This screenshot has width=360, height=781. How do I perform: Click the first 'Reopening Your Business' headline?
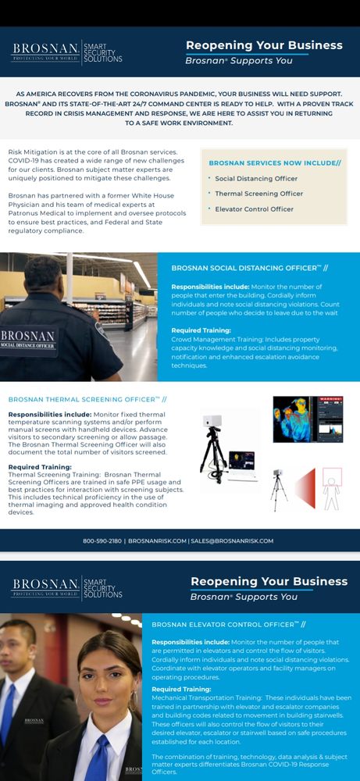point(264,45)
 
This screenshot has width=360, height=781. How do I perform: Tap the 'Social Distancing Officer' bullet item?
point(256,179)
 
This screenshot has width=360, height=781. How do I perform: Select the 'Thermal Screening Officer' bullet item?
point(258,194)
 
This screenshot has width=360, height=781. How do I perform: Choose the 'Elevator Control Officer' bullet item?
point(254,209)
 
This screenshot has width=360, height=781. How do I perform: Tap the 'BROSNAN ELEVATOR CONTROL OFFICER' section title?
point(228,624)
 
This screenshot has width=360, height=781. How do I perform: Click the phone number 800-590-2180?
point(102,540)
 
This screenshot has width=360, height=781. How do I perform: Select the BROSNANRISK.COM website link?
point(157,540)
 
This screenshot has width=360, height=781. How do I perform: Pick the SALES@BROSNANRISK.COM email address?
point(233,540)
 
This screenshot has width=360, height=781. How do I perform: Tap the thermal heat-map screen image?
point(308,419)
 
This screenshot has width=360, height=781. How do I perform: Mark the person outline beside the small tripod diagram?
point(331,489)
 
